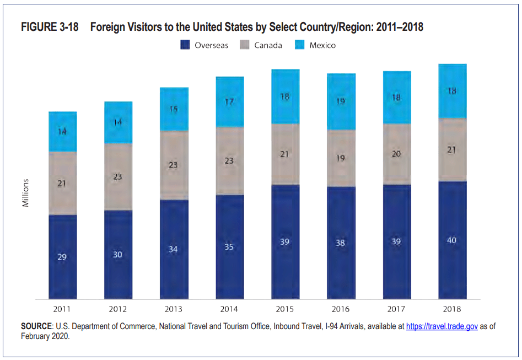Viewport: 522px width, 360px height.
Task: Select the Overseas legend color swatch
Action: [x=185, y=45]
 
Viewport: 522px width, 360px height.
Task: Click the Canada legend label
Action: [x=268, y=45]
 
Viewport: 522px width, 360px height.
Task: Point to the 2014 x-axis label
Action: [x=229, y=309]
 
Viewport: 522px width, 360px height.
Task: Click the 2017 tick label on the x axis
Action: [x=396, y=309]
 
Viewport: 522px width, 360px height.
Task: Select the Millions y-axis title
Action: [x=25, y=192]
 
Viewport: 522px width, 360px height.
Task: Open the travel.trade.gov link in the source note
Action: [x=442, y=326]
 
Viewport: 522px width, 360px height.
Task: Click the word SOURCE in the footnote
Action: [x=36, y=326]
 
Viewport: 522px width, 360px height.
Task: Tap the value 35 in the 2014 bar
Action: [x=229, y=247]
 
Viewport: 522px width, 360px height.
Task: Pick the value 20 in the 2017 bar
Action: [x=396, y=154]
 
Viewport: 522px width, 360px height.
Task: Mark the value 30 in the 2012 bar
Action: [x=118, y=254]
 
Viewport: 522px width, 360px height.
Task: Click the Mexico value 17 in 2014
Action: [x=229, y=101]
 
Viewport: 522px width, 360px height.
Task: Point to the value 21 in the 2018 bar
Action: [x=452, y=150]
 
